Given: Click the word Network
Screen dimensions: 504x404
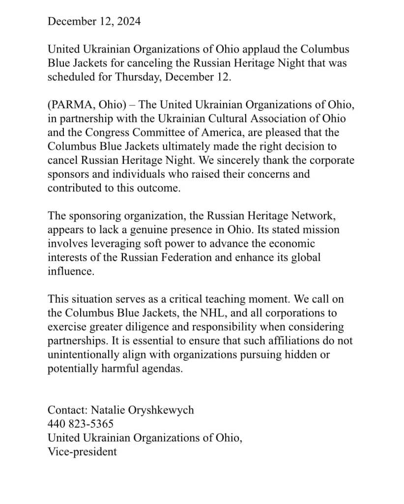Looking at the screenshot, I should pos(296,216).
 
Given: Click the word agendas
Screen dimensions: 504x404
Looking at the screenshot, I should pos(157,369).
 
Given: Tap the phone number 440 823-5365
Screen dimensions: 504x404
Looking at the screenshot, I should pos(81,424).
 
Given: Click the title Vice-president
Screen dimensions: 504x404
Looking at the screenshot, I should pos(82,451).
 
